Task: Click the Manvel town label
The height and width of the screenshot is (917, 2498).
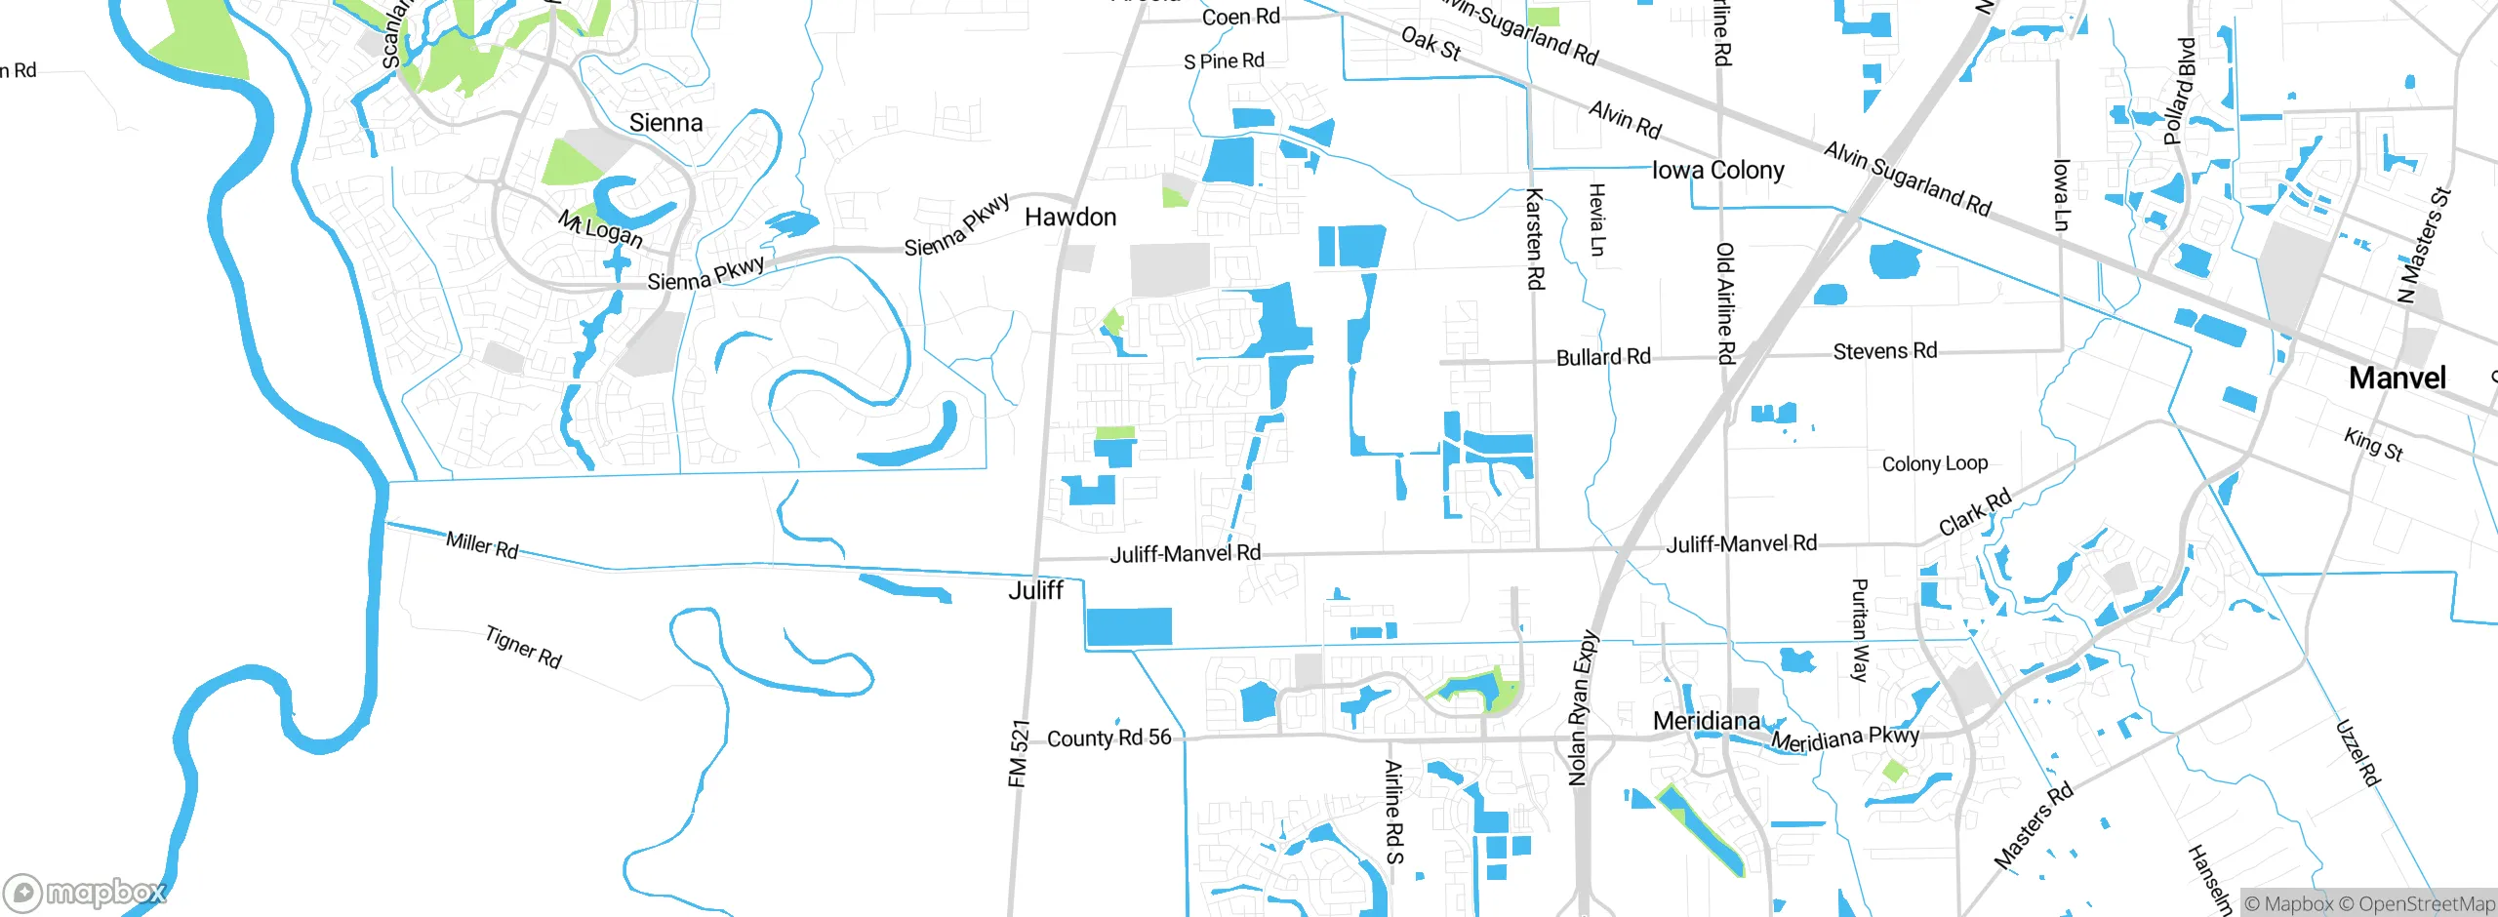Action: (2397, 379)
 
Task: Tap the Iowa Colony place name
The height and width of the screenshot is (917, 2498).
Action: (1717, 171)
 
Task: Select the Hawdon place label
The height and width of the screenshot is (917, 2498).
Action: (1070, 218)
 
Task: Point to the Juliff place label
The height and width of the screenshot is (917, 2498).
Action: (1035, 590)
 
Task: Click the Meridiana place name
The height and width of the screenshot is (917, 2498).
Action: (1707, 721)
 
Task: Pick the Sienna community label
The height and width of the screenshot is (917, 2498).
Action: (665, 123)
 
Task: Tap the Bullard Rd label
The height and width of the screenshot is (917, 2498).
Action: (1603, 358)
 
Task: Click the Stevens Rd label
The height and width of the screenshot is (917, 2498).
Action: (1884, 351)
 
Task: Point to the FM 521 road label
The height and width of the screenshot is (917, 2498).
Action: (1019, 754)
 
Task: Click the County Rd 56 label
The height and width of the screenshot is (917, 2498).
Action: (1108, 738)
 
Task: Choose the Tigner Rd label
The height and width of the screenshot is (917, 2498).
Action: (524, 648)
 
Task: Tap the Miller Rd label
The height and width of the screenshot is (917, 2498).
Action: (482, 545)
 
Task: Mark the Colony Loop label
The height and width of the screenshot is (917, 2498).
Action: (1934, 464)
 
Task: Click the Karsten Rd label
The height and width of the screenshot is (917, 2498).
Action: (1535, 239)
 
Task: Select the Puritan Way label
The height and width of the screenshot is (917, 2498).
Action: (1860, 630)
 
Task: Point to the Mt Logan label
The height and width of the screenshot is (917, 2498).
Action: (600, 229)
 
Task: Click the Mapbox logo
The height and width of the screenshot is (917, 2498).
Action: (86, 892)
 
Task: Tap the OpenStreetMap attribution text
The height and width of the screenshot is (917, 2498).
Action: (2426, 904)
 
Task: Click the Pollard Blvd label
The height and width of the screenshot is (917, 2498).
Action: (2179, 92)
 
